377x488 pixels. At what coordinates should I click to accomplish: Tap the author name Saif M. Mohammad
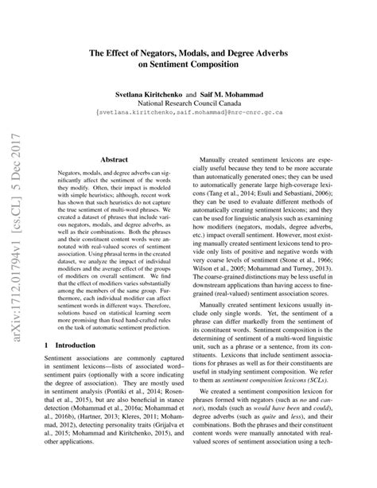tap(227, 93)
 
